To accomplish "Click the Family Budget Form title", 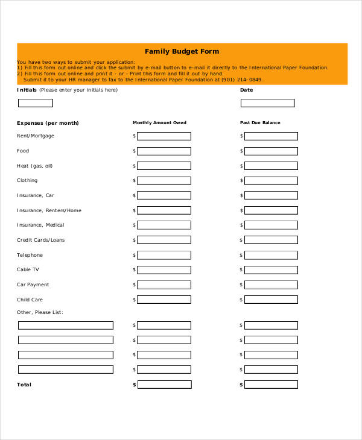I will (182, 51).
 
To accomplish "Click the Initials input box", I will (44, 103).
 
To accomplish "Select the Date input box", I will (267, 103).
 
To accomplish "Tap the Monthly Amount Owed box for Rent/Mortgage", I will (164, 136).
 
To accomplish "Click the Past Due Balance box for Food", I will (270, 151).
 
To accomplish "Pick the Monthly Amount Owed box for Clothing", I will (164, 181).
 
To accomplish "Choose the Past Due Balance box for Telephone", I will (270, 256).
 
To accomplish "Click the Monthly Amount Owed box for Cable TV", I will (164, 270).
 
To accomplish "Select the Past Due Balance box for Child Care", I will (270, 300).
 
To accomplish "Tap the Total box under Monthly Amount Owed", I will (164, 385).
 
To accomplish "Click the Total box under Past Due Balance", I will (271, 385).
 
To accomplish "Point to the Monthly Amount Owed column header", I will (159, 123).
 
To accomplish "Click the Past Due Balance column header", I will (260, 123).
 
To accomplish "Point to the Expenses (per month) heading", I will (48, 123).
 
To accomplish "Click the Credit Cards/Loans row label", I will (40, 240).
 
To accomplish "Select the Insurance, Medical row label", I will (40, 225).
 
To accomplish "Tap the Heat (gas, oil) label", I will (34, 166).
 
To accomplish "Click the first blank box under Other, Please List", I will (65, 325).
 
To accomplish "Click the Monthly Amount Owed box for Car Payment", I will (164, 285).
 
